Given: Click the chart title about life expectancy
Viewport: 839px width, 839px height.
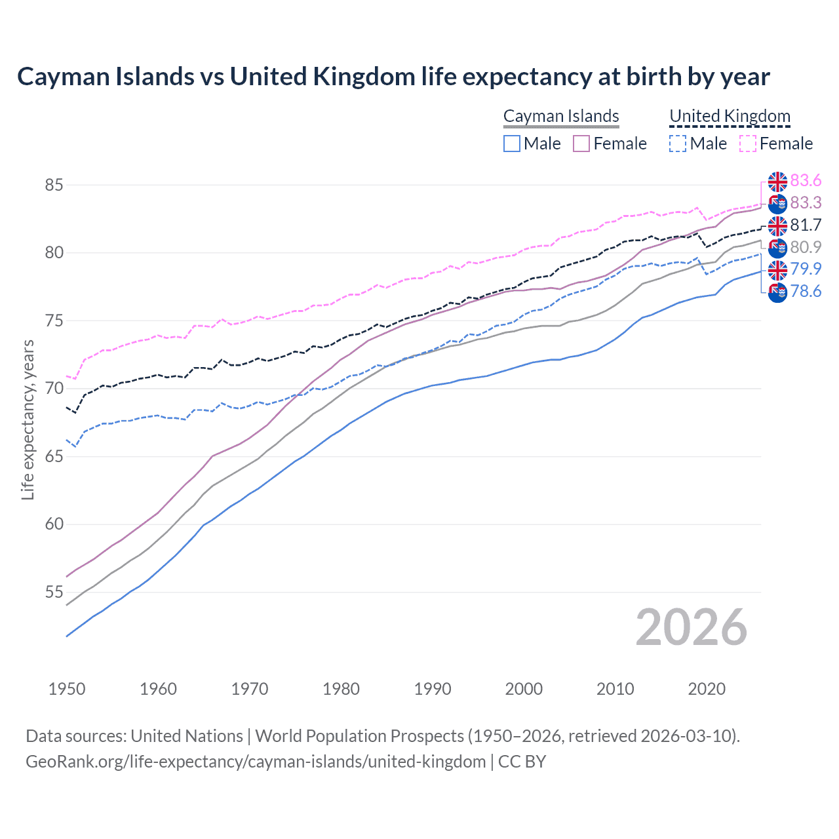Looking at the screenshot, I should click(393, 77).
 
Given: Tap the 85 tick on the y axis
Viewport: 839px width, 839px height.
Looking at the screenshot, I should click(54, 185).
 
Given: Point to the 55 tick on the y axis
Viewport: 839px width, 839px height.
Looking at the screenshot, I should click(54, 592).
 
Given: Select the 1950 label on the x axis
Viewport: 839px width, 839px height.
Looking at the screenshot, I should click(67, 689).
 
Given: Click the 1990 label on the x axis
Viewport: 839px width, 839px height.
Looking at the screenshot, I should click(433, 689).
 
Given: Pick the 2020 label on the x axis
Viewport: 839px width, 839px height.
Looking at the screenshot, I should click(707, 689).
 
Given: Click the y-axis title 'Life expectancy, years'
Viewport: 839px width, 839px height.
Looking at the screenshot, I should click(28, 419).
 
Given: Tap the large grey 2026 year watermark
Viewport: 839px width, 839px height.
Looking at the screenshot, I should click(691, 628).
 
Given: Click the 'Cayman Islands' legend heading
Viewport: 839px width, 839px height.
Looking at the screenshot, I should click(561, 116).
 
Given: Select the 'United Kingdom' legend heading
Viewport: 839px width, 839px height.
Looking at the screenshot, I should click(730, 116).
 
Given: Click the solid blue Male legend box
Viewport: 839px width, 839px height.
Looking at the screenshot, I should click(512, 144).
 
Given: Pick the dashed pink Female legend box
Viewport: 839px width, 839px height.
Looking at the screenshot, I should click(748, 144).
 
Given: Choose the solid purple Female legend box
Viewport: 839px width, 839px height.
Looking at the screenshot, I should click(582, 144).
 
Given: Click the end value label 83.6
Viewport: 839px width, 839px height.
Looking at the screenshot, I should click(806, 180).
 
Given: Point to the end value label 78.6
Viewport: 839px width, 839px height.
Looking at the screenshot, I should click(806, 291).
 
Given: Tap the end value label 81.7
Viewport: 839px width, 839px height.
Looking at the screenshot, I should click(806, 225).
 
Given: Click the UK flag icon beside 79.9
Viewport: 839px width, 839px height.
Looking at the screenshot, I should click(777, 269).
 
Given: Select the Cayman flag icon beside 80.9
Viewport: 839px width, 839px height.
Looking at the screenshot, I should click(777, 248).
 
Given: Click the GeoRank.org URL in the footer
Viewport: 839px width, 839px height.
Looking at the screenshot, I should click(256, 761).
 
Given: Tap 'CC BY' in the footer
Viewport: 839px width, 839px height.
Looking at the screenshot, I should click(522, 761).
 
